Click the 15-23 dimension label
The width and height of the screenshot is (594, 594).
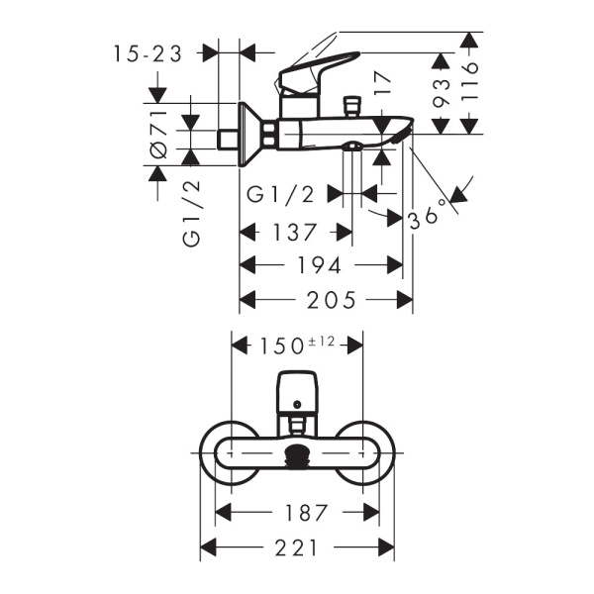click(148, 54)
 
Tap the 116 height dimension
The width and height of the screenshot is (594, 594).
click(470, 81)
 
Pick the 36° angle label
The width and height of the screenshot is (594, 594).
click(434, 209)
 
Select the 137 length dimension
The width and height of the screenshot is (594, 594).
click(296, 234)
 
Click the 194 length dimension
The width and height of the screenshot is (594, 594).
click(321, 265)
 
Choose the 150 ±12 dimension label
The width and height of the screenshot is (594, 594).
click(297, 344)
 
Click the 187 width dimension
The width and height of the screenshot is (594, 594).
click(299, 513)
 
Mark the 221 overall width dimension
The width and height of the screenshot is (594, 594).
click(298, 546)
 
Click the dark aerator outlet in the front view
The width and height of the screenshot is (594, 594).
click(298, 457)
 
